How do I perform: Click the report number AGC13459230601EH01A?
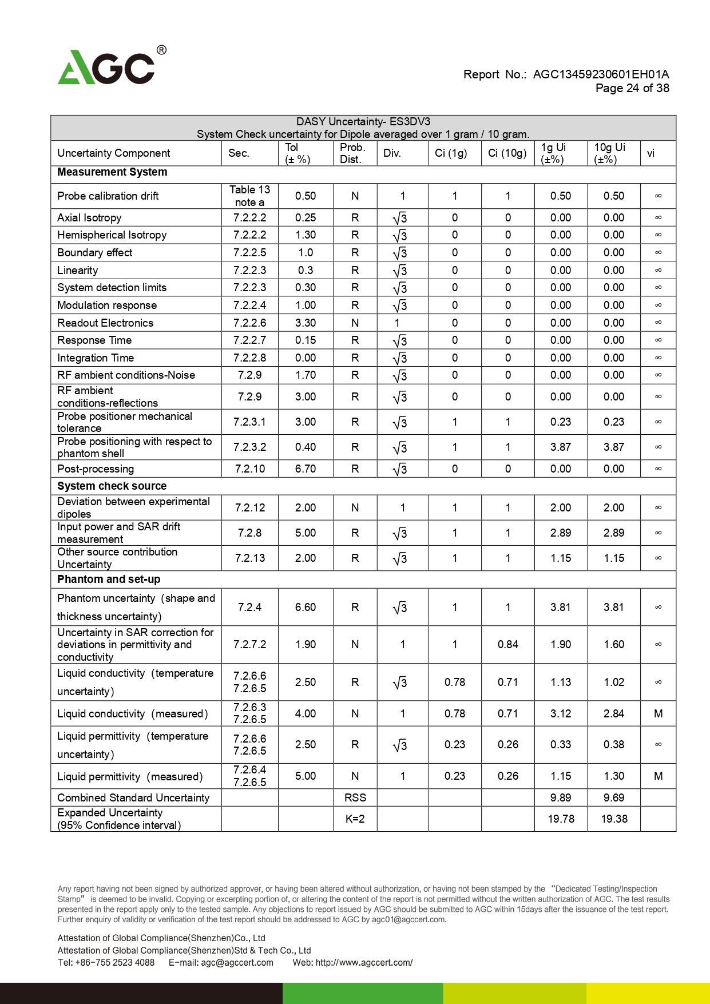click(x=601, y=74)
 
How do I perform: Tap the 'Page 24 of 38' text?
click(x=632, y=88)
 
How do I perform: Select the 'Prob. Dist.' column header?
click(x=352, y=153)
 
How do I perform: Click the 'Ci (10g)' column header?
click(x=507, y=153)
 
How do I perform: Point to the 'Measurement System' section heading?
click(x=112, y=172)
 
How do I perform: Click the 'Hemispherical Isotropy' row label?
click(x=112, y=235)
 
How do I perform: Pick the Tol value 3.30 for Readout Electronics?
click(x=306, y=323)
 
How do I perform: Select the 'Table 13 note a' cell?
click(x=249, y=196)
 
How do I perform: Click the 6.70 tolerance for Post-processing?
click(x=306, y=469)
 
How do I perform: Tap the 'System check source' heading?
click(x=112, y=486)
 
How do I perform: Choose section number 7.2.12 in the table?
click(x=250, y=508)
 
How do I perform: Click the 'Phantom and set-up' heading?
click(x=109, y=580)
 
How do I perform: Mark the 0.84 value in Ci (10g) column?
click(x=507, y=645)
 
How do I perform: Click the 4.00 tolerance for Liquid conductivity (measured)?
click(x=306, y=714)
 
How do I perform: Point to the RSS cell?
click(x=355, y=798)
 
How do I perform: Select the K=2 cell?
click(x=355, y=819)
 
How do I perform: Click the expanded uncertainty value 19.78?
click(x=561, y=819)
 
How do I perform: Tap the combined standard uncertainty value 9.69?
click(x=614, y=798)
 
